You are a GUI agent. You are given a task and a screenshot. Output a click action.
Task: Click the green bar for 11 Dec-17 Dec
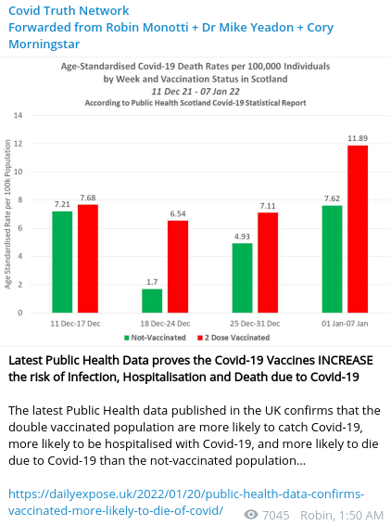coord(62,262)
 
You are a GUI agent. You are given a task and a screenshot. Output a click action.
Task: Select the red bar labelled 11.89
coord(358,229)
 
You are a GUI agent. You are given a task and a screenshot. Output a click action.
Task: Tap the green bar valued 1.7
coord(152,301)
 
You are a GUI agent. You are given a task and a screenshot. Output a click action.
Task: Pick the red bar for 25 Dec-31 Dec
coord(268,263)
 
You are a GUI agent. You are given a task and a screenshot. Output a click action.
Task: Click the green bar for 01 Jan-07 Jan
coord(332,259)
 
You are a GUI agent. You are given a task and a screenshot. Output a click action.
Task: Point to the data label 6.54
coord(178,213)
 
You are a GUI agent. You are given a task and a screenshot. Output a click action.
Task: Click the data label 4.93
coord(242,237)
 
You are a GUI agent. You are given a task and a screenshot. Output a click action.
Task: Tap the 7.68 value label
coord(88,198)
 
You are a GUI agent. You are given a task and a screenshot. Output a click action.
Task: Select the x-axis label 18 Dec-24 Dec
coord(165,324)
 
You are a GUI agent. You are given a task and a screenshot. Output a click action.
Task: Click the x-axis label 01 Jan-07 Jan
coord(345,324)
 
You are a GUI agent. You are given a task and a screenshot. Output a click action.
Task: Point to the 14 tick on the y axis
coord(19,115)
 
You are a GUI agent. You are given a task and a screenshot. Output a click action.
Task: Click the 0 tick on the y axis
coord(20,313)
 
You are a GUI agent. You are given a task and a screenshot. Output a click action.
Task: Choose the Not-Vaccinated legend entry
coord(155,338)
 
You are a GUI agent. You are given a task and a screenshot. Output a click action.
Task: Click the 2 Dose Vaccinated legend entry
coord(233,338)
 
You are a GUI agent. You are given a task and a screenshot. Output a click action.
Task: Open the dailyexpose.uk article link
coord(186,502)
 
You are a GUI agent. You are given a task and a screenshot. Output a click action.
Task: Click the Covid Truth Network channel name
coord(69,10)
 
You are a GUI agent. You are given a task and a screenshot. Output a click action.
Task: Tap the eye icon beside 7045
coord(251,514)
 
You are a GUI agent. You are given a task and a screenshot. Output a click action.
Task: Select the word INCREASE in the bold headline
coord(345,360)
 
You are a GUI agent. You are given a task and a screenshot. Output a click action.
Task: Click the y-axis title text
coord(7,214)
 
